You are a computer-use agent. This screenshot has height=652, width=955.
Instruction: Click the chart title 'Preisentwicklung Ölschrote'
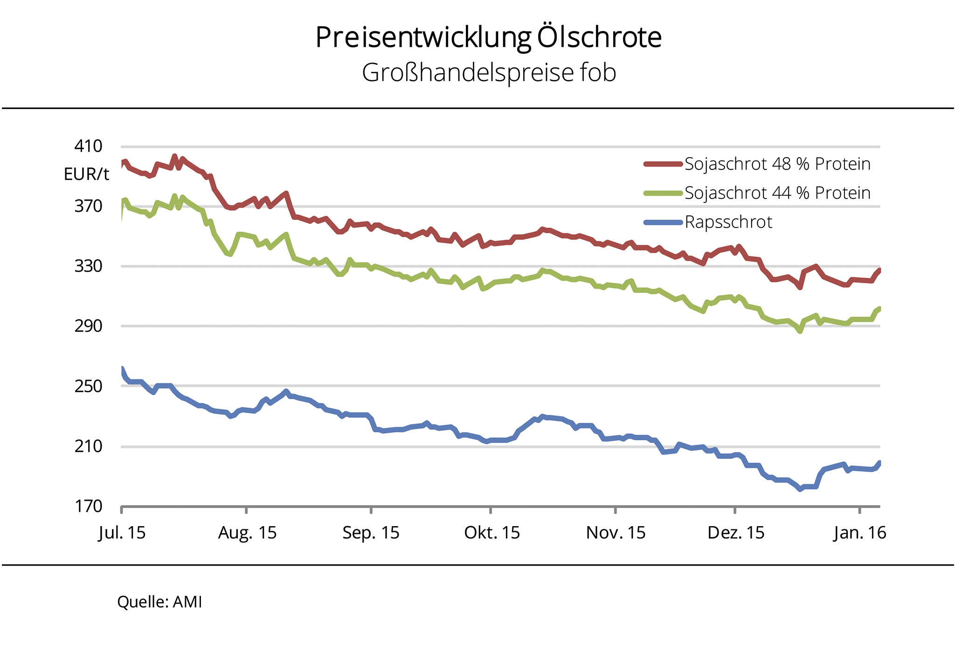pyautogui.click(x=488, y=37)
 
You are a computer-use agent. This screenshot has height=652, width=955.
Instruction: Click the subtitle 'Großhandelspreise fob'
pyautogui.click(x=489, y=73)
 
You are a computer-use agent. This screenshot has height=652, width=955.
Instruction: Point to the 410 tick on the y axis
pyautogui.click(x=88, y=146)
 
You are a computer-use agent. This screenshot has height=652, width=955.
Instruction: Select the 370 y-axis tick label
pyautogui.click(x=88, y=206)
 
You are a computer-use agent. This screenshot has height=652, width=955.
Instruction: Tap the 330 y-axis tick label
pyautogui.click(x=88, y=266)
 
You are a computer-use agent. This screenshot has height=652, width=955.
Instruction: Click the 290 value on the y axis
pyautogui.click(x=88, y=326)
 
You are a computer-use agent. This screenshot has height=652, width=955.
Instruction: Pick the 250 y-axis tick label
pyautogui.click(x=88, y=386)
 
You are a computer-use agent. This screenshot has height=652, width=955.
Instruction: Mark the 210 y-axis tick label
pyautogui.click(x=88, y=446)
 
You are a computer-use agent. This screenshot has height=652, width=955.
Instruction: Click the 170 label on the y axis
pyautogui.click(x=88, y=506)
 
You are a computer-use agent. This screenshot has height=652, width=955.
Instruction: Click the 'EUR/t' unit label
pyautogui.click(x=86, y=174)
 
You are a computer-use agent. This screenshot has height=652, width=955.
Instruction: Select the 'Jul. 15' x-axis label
pyautogui.click(x=122, y=533)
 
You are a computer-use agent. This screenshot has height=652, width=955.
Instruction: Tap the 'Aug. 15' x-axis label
pyautogui.click(x=247, y=533)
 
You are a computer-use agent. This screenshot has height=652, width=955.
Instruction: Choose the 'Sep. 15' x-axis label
pyautogui.click(x=371, y=533)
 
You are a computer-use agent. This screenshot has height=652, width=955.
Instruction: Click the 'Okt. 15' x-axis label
pyautogui.click(x=492, y=533)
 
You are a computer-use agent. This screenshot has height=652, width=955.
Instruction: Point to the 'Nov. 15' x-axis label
pyautogui.click(x=616, y=533)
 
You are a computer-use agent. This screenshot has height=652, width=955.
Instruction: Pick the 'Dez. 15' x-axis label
pyautogui.click(x=736, y=533)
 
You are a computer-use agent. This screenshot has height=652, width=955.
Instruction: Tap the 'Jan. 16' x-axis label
pyautogui.click(x=860, y=533)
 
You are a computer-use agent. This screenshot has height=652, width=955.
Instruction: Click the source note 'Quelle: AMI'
pyautogui.click(x=159, y=602)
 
